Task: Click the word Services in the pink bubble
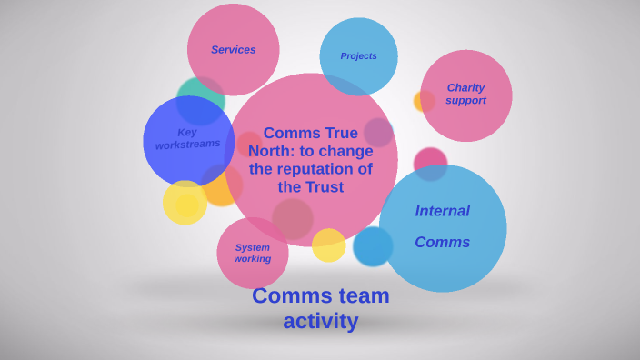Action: click(233, 50)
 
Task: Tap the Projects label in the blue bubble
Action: click(358, 56)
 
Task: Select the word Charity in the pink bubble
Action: click(465, 88)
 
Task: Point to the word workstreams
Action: click(187, 145)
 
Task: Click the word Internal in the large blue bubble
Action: click(442, 211)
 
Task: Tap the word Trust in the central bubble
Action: click(325, 187)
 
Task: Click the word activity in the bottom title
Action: click(320, 321)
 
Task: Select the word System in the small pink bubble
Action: click(252, 247)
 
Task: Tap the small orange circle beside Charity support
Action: click(423, 102)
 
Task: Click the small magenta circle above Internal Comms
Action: click(431, 162)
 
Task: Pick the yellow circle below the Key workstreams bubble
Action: click(185, 203)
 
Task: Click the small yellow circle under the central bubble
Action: click(328, 245)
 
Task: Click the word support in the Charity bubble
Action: click(465, 101)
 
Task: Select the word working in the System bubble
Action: click(252, 259)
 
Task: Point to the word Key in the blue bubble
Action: click(187, 132)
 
